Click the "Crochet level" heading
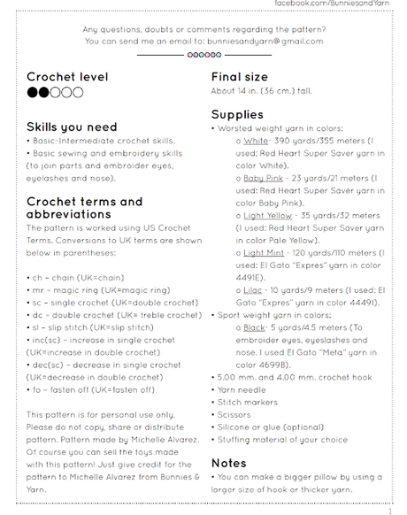67,77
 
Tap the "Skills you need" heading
72,127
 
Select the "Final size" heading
239,77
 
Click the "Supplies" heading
237,114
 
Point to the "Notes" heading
228,463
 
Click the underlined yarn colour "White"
256,141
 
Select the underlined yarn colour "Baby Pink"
263,178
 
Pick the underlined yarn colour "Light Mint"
264,252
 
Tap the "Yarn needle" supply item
242,389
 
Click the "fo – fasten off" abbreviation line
92,389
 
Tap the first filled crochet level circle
33,92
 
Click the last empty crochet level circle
78,92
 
